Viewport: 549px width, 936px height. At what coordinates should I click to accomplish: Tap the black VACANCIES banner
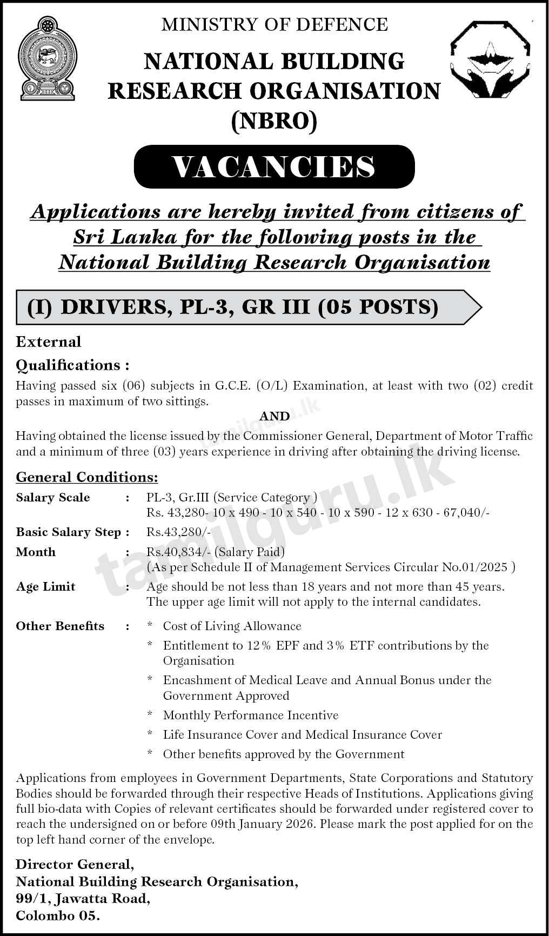pos(274,166)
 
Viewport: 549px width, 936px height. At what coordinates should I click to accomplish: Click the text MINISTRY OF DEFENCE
pos(274,24)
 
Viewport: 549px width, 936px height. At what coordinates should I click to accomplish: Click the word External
pos(49,342)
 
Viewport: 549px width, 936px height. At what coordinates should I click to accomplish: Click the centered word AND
pos(274,416)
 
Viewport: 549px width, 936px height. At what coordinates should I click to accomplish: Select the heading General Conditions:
pos(87,477)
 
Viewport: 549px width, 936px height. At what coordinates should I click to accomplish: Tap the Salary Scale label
pos(53,498)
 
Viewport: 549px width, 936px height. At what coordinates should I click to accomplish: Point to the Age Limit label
pos(45,587)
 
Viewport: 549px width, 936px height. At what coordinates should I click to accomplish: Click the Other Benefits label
pos(60,626)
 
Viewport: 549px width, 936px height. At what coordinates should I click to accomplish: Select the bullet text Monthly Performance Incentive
pos(251,716)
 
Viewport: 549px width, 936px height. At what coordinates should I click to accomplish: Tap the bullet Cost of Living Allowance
pos(232,626)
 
